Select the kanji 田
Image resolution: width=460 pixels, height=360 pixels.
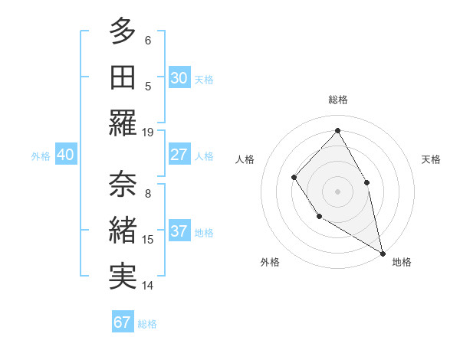tap(123, 77)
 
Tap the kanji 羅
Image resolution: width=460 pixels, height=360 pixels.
tap(123, 123)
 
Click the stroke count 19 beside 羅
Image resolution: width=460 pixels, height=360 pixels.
tap(148, 132)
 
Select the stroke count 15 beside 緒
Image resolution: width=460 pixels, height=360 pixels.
tap(148, 240)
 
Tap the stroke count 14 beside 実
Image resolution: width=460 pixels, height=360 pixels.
tap(148, 286)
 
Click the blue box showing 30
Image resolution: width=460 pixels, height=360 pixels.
tap(179, 77)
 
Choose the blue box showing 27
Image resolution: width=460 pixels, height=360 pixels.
tap(179, 155)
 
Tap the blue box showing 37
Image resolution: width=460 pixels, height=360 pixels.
tap(179, 231)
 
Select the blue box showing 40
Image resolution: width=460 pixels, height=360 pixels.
tap(65, 155)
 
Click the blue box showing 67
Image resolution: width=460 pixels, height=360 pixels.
tap(123, 322)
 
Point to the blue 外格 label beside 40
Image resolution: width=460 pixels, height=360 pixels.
tap(41, 155)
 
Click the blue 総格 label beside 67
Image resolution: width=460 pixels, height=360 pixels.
tap(147, 323)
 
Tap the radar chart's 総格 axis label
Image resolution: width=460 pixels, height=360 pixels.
tap(337, 100)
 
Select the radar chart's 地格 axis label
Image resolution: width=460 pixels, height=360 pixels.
tap(402, 262)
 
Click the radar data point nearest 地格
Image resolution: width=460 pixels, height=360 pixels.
tap(383, 253)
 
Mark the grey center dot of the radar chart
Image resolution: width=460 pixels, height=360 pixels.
tap(337, 191)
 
